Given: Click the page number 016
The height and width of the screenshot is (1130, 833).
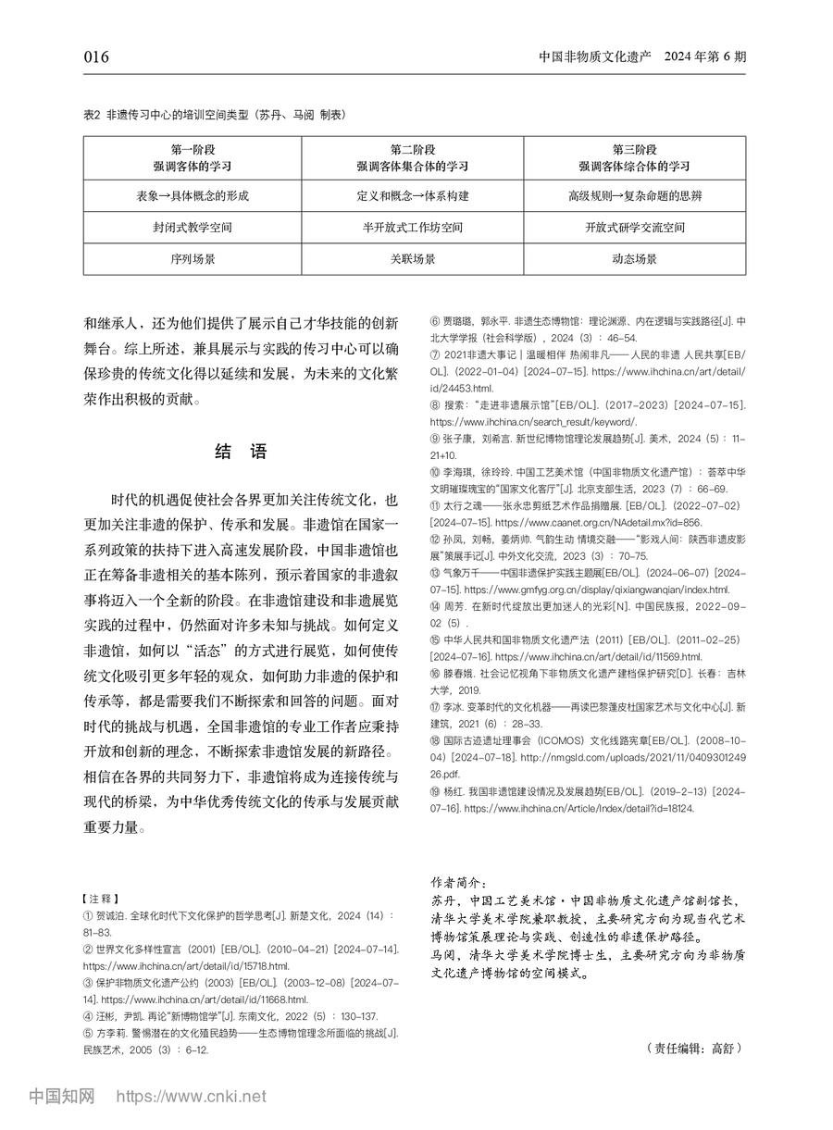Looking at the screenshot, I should [96, 57].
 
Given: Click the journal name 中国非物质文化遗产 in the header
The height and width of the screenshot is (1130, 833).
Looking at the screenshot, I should [596, 57].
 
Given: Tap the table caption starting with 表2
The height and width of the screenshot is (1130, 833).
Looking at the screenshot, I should [215, 115].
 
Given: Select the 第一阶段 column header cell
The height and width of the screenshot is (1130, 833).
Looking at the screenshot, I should [193, 158].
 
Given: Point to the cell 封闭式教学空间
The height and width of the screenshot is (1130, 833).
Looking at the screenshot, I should [193, 227].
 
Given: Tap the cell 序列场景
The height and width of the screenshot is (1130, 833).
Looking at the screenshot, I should [193, 260].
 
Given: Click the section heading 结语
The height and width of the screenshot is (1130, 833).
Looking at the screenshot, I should [241, 452].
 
